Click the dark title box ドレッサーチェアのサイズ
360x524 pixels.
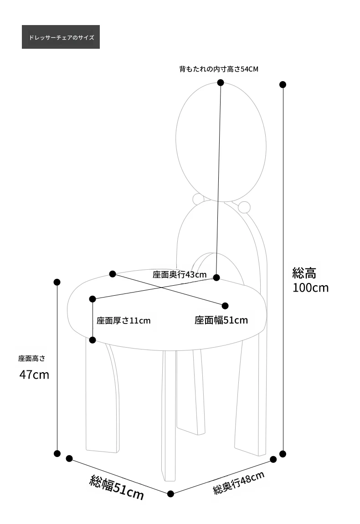pyautogui.click(x=61, y=37)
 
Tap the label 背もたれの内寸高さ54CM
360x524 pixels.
pyautogui.click(x=219, y=69)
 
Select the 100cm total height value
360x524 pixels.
pyautogui.click(x=310, y=288)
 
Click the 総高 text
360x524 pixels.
pyautogui.click(x=304, y=273)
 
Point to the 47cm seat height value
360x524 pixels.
pyautogui.click(x=34, y=375)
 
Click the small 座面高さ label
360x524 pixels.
pyautogui.click(x=32, y=359)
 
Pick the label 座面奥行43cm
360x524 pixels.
pyautogui.click(x=180, y=275)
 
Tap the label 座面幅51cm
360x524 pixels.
pyautogui.click(x=221, y=320)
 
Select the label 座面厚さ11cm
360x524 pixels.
pyautogui.click(x=123, y=321)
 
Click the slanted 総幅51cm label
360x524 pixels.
pyautogui.click(x=117, y=488)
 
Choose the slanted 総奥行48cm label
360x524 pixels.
pyautogui.click(x=239, y=483)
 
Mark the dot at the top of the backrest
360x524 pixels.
pyautogui.click(x=220, y=82)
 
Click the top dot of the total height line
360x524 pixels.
pyautogui.click(x=283, y=85)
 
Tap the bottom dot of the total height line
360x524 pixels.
pyautogui.click(x=283, y=454)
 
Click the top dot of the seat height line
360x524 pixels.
pyautogui.click(x=57, y=282)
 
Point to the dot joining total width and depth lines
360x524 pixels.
pyautogui.click(x=170, y=493)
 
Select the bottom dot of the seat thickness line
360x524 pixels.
pyautogui.click(x=93, y=340)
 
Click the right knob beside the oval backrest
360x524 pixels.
pyautogui.click(x=244, y=207)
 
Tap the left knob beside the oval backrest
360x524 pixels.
pyautogui.click(x=198, y=199)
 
